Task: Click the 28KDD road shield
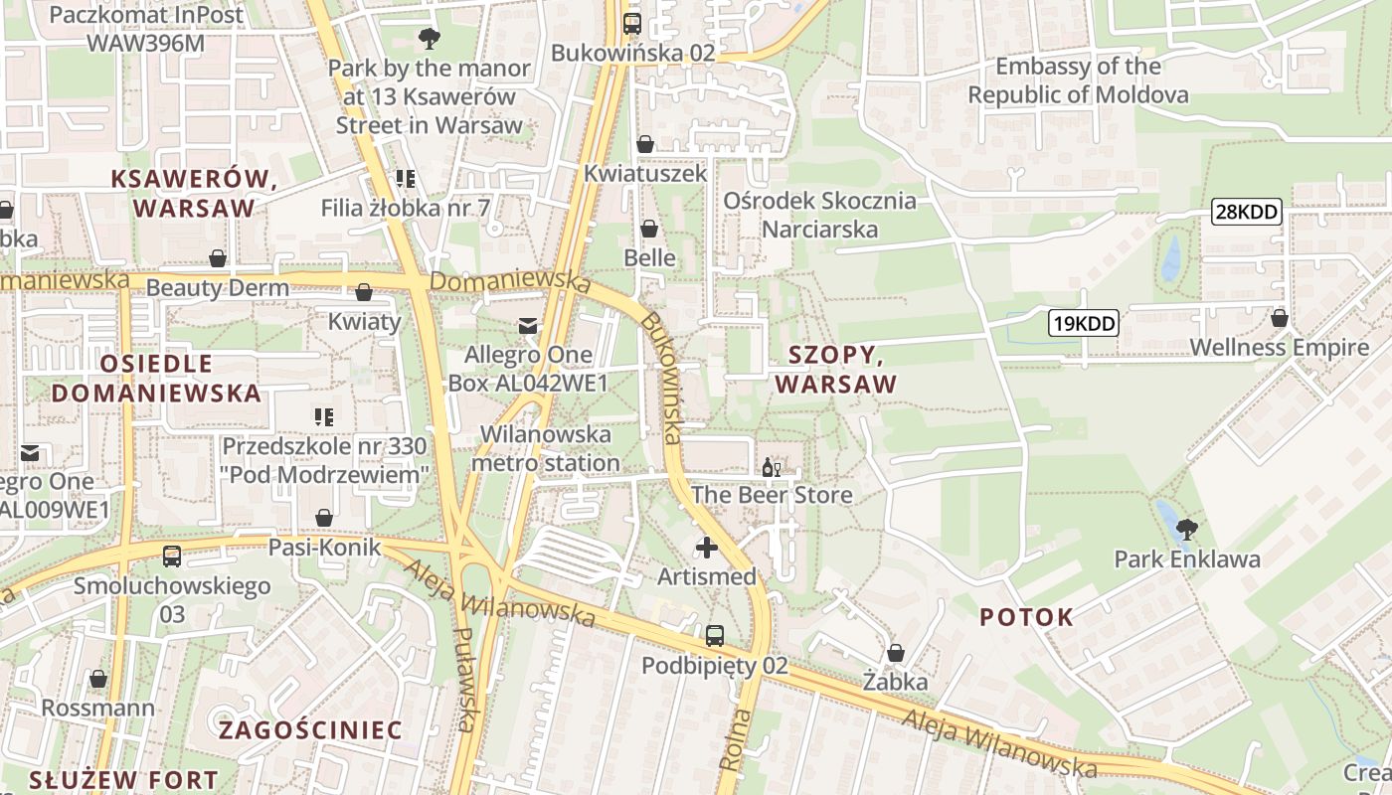pyautogui.click(x=1246, y=212)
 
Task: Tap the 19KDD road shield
pyautogui.click(x=1083, y=322)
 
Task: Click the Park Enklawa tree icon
pyautogui.click(x=1185, y=530)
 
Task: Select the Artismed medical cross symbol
pyautogui.click(x=706, y=548)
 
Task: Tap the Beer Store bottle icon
pyautogui.click(x=771, y=466)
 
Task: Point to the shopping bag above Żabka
pyautogui.click(x=895, y=653)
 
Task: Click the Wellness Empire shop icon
pyautogui.click(x=1279, y=318)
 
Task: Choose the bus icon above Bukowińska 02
pyautogui.click(x=632, y=23)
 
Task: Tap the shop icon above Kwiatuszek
pyautogui.click(x=644, y=144)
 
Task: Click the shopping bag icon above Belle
pyautogui.click(x=648, y=229)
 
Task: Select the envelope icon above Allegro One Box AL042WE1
pyautogui.click(x=527, y=325)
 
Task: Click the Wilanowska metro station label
pyautogui.click(x=545, y=448)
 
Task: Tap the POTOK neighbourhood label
pyautogui.click(x=1026, y=617)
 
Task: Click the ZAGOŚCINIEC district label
pyautogui.click(x=309, y=730)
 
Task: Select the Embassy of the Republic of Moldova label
pyautogui.click(x=1078, y=80)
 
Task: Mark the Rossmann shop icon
pyautogui.click(x=97, y=679)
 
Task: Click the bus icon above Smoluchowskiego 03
pyautogui.click(x=172, y=556)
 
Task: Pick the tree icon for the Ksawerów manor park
pyautogui.click(x=430, y=39)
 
